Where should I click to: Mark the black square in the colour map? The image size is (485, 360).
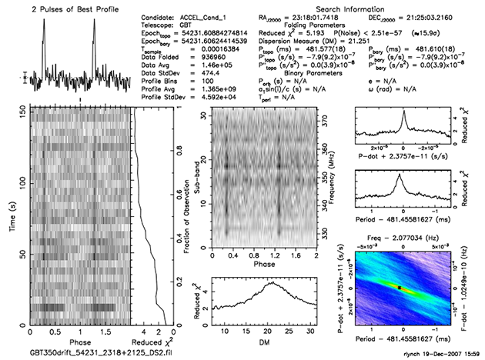click(399, 287)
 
